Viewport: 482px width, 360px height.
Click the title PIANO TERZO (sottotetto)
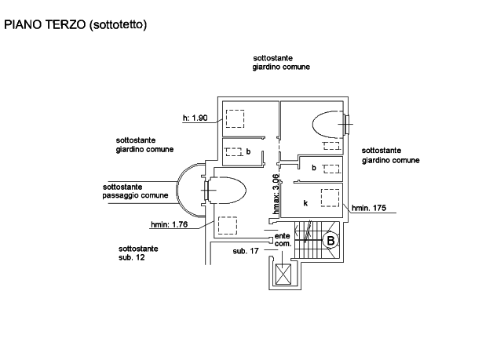click(75, 24)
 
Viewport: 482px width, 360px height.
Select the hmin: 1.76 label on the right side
click(369, 209)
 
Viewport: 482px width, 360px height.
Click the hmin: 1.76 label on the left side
click(168, 225)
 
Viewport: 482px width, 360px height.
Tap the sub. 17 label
click(246, 252)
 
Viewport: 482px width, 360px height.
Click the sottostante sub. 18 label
click(138, 253)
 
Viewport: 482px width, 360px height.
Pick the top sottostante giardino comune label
click(281, 64)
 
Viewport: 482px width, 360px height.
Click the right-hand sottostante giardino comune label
click(390, 155)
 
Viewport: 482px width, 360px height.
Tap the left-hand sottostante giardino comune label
click(144, 144)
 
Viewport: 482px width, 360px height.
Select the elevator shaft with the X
click(283, 275)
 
